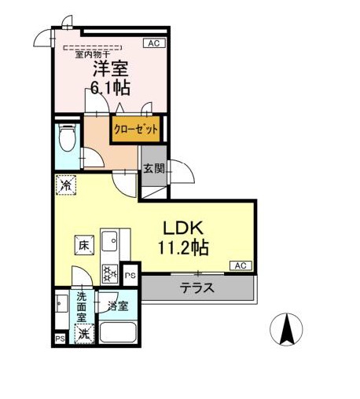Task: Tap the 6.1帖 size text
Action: pos(109,89)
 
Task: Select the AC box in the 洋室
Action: pos(154,44)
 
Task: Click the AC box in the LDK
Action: pos(241,266)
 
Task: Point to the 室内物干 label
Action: pos(93,54)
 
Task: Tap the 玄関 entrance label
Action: pos(153,167)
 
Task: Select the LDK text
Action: pos(186,228)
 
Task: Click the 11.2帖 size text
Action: pos(186,248)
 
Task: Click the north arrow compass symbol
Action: pos(288,328)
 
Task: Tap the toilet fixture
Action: pos(67,141)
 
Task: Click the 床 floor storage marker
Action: pos(83,244)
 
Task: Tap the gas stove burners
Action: pos(109,274)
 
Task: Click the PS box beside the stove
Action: pos(130,276)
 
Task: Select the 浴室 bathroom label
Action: pos(118,305)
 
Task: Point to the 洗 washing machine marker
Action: pos(83,333)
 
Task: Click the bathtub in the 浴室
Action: pos(119,333)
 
